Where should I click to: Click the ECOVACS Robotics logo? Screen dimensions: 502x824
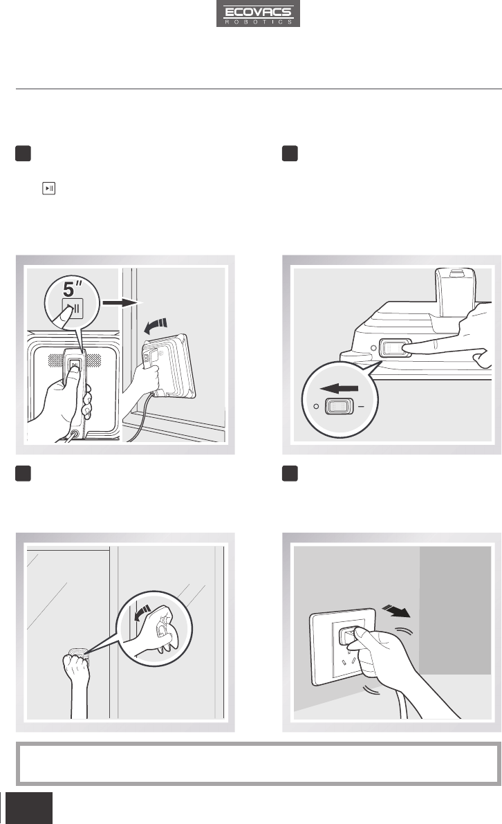pyautogui.click(x=258, y=14)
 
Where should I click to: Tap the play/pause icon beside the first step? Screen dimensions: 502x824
pyautogui.click(x=49, y=188)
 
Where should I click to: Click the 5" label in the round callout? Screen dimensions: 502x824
pyautogui.click(x=73, y=289)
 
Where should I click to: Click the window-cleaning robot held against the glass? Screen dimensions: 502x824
pyautogui.click(x=169, y=365)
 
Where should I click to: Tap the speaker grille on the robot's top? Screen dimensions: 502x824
pyautogui.click(x=75, y=360)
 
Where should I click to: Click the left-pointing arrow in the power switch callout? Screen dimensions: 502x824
pyautogui.click(x=340, y=390)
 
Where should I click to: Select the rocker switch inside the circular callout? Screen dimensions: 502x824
pyautogui.click(x=337, y=406)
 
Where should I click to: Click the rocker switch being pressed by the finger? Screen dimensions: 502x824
pyautogui.click(x=396, y=349)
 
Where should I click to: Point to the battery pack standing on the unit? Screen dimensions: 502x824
pyautogui.click(x=456, y=292)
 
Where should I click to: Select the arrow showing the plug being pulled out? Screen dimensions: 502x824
pyautogui.click(x=397, y=611)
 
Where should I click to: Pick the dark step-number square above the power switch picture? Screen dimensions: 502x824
pyautogui.click(x=290, y=154)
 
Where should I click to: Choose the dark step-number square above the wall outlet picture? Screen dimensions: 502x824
pyautogui.click(x=290, y=473)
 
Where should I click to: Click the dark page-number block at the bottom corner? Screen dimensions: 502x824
pyautogui.click(x=30, y=808)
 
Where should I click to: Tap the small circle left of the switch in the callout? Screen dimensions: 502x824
pyautogui.click(x=315, y=406)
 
